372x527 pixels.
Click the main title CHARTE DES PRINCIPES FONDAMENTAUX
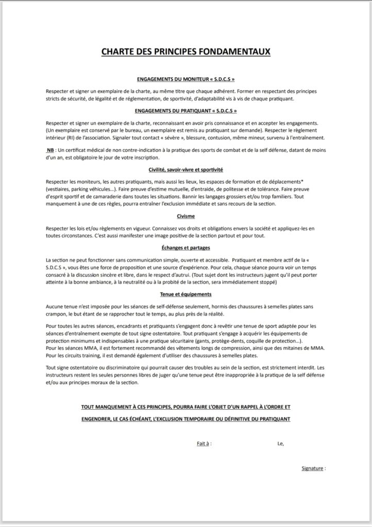[186, 51]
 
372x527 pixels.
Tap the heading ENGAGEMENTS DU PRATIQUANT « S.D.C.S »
[186, 111]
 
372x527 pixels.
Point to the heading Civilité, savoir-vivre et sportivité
[186, 169]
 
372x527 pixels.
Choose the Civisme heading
[186, 217]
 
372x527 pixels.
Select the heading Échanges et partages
[186, 248]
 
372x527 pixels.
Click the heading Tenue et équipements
[186, 294]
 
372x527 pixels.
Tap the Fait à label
[204, 443]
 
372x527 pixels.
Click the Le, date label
[280, 443]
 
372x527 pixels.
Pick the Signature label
[313, 468]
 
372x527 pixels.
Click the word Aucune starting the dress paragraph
[55, 306]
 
